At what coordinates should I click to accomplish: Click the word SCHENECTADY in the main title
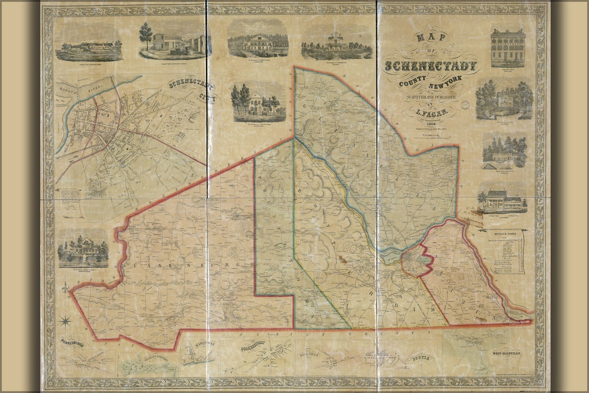tap(432, 66)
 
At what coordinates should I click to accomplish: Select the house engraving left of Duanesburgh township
tap(83, 249)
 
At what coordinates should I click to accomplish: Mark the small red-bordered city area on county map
tap(417, 260)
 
